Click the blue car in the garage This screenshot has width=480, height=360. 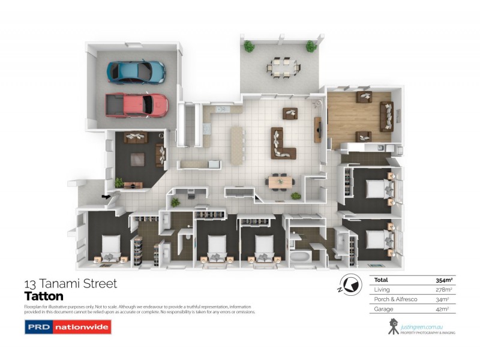click(x=136, y=71)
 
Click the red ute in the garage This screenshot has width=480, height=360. click(x=136, y=104)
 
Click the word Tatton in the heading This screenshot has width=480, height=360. click(x=43, y=296)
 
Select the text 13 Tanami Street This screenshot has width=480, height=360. click(x=70, y=283)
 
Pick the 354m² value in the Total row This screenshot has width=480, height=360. click(x=443, y=280)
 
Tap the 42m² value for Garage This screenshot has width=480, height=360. click(x=444, y=309)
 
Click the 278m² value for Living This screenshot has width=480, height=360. click(x=443, y=290)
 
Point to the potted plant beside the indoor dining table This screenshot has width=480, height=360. click(x=295, y=196)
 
